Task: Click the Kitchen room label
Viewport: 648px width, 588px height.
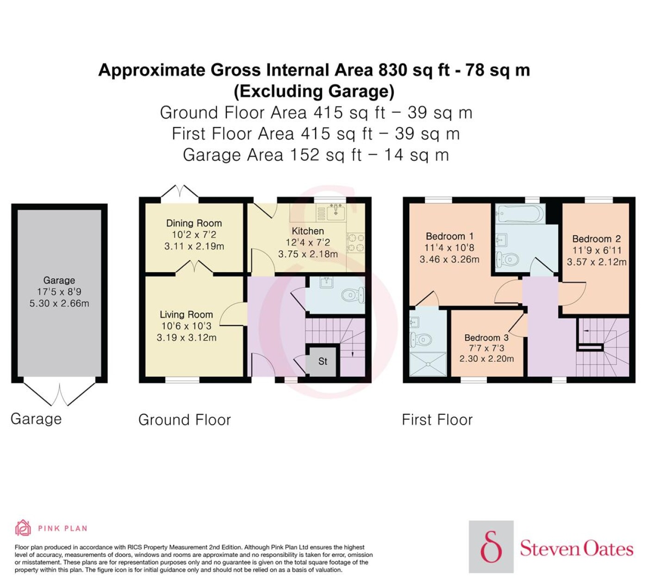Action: coord(307,231)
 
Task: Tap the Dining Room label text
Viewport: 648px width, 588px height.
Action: coord(194,223)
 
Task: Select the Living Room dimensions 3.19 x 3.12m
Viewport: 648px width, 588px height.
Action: coord(187,338)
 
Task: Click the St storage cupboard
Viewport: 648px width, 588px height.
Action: coord(323,361)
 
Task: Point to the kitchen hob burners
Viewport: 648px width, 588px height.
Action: coord(355,243)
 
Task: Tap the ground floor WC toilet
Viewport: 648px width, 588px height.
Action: coord(353,295)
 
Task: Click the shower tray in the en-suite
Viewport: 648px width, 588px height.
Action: coord(428,364)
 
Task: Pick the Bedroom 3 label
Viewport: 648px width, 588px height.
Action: coord(486,338)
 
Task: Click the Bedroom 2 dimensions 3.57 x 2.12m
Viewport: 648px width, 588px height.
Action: coord(597,262)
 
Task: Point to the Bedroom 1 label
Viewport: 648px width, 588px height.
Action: coord(449,236)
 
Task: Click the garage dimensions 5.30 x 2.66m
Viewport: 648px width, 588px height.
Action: coord(59,304)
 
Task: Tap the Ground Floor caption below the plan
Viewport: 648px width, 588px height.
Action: coord(185,420)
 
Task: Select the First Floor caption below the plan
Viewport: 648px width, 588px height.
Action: coord(437,420)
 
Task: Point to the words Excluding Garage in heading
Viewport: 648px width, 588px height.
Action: coord(314,92)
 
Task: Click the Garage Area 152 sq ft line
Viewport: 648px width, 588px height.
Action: coord(316,155)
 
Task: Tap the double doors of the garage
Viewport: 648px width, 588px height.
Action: coord(59,394)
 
